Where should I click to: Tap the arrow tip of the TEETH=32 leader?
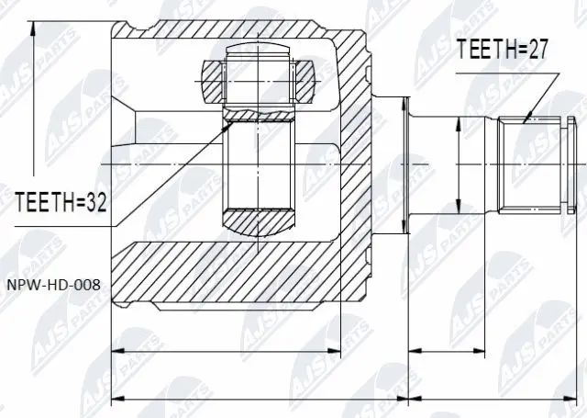coord(230,124)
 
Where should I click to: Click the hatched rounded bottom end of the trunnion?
coord(259,222)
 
